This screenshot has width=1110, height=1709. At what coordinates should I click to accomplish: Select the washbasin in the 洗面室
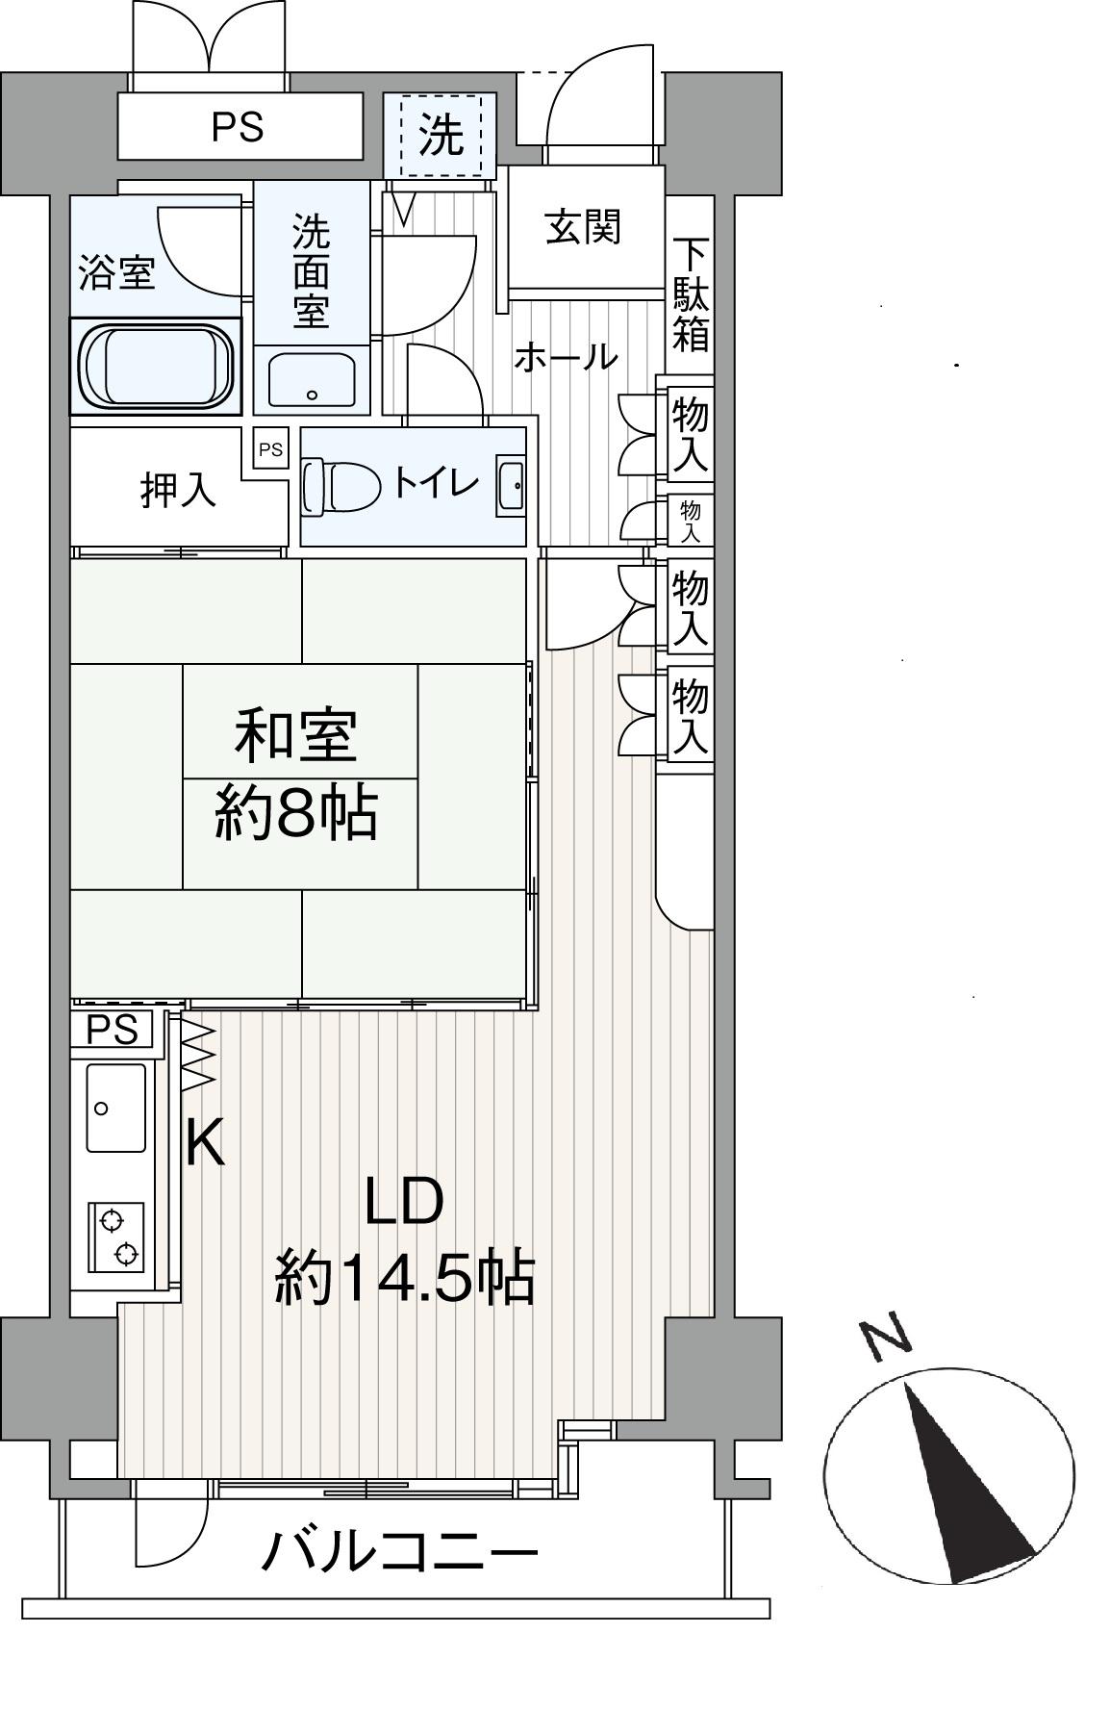312,379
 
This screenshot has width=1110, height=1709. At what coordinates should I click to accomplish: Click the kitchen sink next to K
115,1108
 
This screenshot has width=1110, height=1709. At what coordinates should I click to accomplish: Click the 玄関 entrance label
584,228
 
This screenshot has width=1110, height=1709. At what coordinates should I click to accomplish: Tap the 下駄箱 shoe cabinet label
691,294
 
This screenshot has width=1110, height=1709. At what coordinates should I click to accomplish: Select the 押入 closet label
178,491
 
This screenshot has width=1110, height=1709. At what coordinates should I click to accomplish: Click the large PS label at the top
238,127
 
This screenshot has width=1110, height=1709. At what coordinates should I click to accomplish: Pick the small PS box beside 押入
271,449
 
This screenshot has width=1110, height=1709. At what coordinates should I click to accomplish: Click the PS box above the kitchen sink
113,1030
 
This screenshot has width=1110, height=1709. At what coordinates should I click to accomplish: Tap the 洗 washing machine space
441,136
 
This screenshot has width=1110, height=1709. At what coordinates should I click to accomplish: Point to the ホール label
565,358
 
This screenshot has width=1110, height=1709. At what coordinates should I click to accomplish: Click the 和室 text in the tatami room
296,735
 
